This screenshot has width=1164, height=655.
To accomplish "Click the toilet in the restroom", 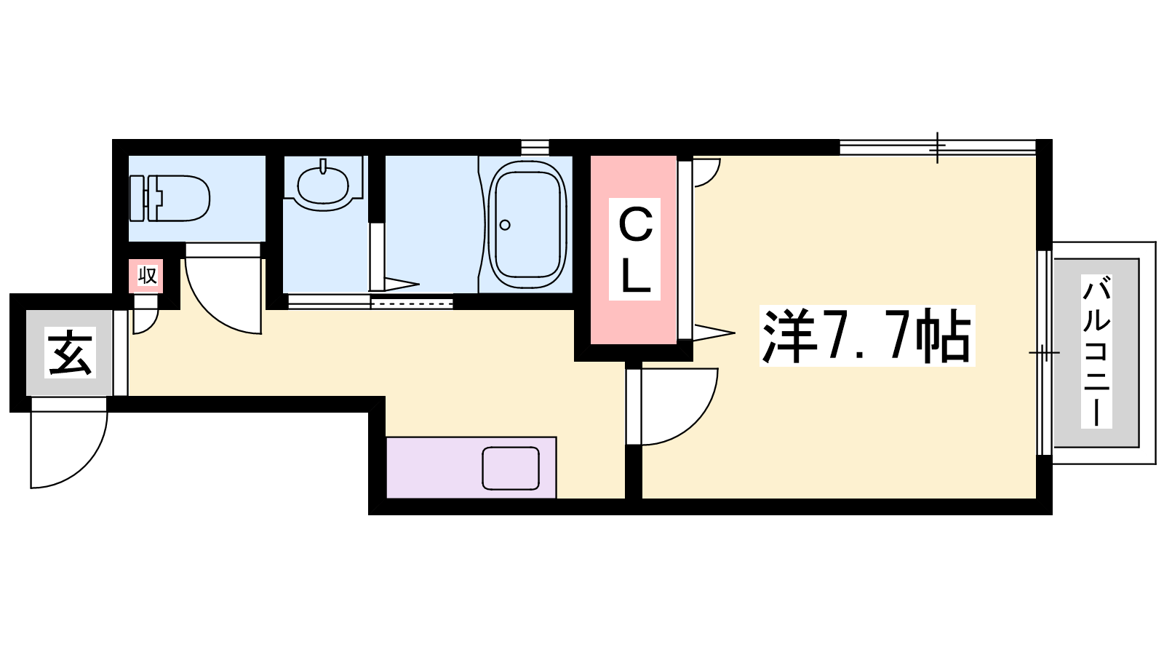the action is pos(170,198).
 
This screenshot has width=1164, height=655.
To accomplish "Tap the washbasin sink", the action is pos(323,186).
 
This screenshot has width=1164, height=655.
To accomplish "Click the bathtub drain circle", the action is pos(505,225).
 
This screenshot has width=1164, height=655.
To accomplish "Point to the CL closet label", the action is pos(635,249).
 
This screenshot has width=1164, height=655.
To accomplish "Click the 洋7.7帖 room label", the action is pos(866,336).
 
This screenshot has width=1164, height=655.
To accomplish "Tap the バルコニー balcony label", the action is pos(1096,352).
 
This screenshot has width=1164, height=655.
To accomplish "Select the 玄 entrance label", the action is pos(70,353).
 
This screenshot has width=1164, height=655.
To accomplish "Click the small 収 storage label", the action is pos(147,276).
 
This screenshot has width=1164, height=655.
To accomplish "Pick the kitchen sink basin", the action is pos(510,468).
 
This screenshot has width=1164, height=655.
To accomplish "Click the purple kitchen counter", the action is pos(471,467).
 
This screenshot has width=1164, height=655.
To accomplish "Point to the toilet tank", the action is pos(137,198).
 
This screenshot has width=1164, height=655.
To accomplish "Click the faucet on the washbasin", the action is pos(323,167).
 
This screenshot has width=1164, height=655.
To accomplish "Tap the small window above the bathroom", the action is pos(535,147).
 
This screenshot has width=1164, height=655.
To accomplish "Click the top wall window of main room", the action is pos(938,147).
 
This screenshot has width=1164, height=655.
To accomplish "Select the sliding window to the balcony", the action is pos(1045,353).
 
